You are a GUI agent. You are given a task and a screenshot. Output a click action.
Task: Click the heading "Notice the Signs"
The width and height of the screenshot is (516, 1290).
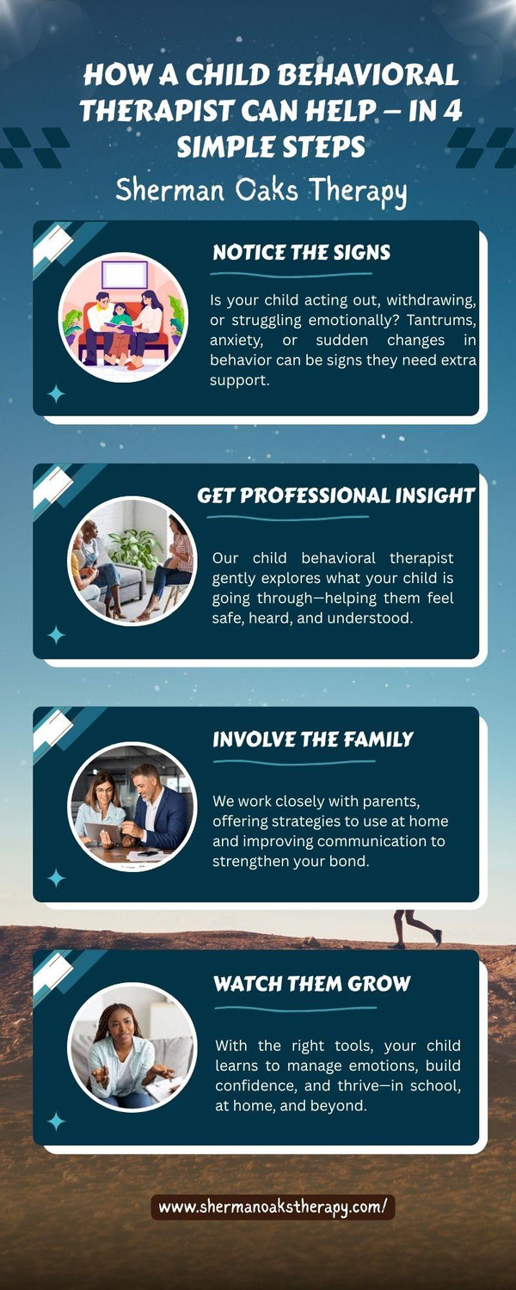pos(301,252)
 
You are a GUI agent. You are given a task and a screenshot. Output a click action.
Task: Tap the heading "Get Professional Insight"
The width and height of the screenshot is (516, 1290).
pos(336,495)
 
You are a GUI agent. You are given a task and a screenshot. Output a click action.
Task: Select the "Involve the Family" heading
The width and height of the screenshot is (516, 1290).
pos(313,739)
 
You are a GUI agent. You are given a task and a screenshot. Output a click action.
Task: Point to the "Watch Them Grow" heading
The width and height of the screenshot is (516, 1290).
pos(311,983)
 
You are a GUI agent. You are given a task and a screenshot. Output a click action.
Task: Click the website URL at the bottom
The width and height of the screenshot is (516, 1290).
pos(273,1207)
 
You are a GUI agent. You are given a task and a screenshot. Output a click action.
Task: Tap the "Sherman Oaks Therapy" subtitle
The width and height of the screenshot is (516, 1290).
pos(261,191)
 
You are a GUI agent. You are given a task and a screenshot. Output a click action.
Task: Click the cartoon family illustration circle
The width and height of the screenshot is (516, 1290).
pos(123,317)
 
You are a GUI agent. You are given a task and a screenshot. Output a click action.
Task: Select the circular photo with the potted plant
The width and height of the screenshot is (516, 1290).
pos(132,561)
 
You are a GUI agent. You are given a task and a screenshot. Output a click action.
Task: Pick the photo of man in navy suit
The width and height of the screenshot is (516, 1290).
pos(132,807)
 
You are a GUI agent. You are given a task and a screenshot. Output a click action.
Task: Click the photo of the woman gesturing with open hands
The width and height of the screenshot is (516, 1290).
pos(132,1049)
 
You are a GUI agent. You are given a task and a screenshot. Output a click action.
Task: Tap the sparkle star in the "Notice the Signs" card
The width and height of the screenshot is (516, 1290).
pos(56,394)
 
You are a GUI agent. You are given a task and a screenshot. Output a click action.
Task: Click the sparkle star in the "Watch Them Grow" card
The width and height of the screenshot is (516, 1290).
pos(56,1121)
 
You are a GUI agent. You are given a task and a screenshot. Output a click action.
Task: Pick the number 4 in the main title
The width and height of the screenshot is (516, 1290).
pos(452,110)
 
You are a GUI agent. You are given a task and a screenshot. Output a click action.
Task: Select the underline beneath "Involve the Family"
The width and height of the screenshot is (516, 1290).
pos(294,761)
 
